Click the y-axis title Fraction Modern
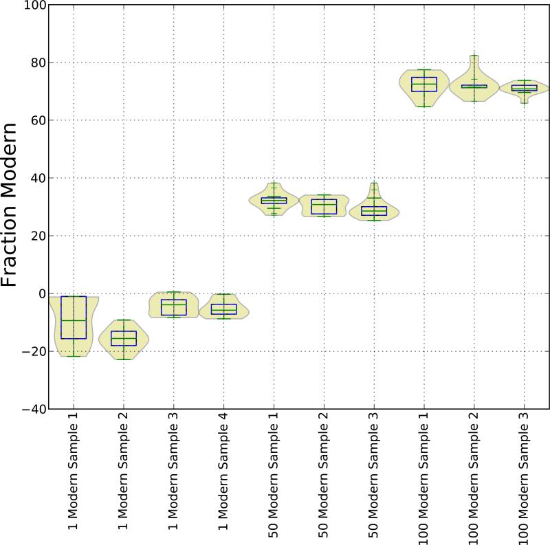pos(15,206)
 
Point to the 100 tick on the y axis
pos(33,5)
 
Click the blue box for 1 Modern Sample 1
pos(73,318)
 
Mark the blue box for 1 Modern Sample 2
pos(123,338)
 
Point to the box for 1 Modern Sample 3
pos(173,307)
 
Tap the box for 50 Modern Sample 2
pos(324,207)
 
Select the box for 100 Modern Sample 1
pos(424,84)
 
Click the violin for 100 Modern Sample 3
pos(525,88)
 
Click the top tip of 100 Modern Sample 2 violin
pos(474,56)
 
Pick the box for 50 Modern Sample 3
pos(374,210)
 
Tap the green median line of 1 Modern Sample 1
pos(73,320)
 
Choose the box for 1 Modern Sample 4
pos(223,309)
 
